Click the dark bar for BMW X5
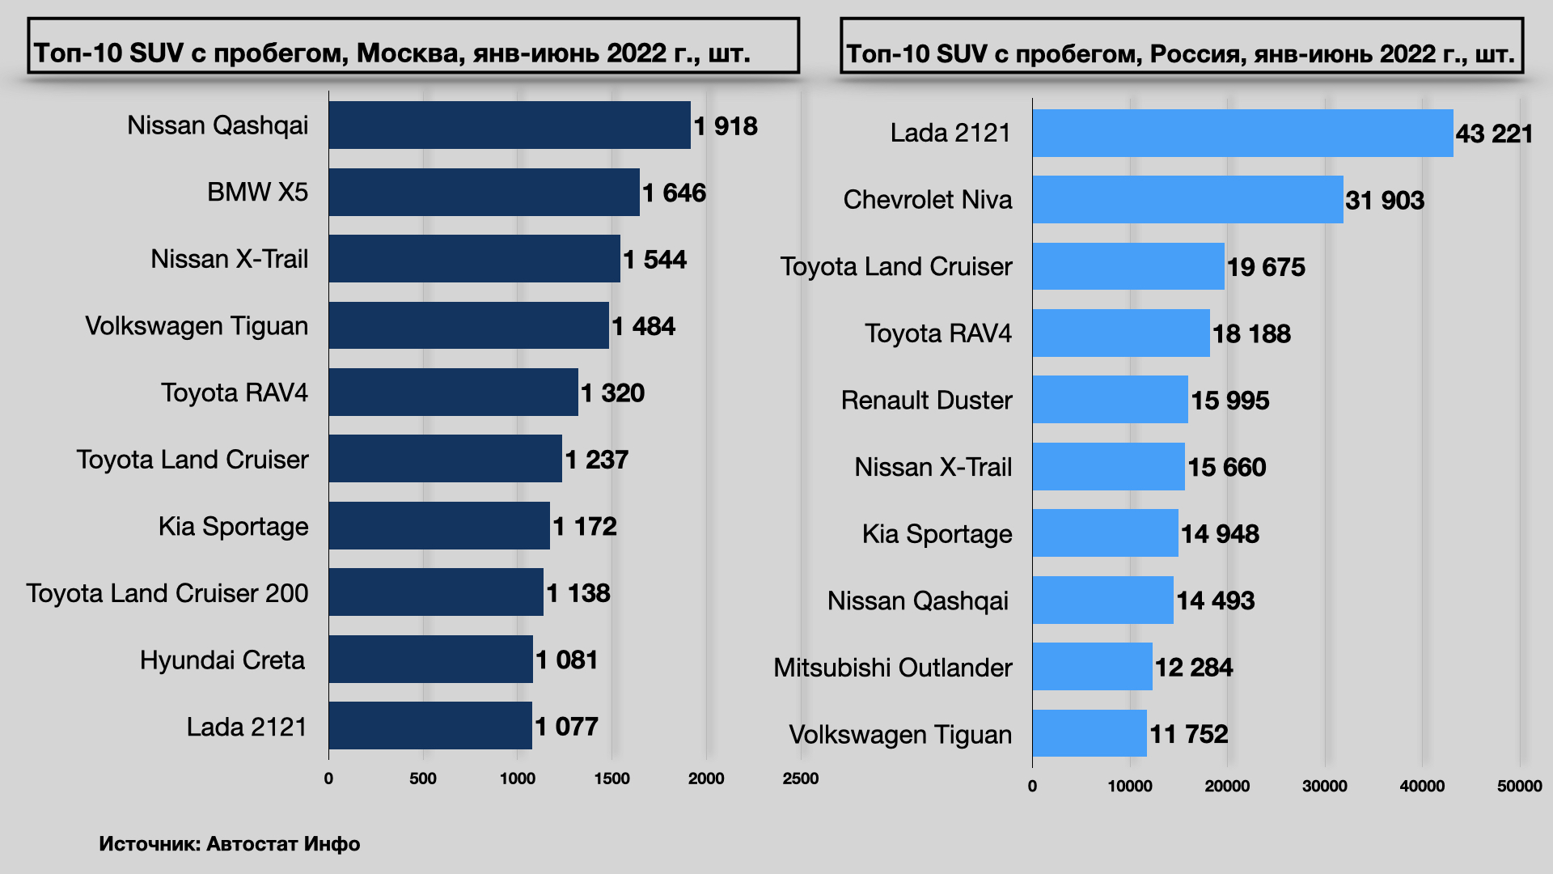(484, 193)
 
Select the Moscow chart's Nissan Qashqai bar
(510, 125)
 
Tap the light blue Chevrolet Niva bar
(1187, 200)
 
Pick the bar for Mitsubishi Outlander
(1092, 667)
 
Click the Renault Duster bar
(1110, 400)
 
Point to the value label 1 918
(726, 126)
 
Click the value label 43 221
(1494, 134)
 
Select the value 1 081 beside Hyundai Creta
(566, 660)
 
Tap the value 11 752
(1188, 734)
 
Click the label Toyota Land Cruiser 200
(167, 593)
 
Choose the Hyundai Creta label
(222, 660)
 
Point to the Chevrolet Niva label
(927, 200)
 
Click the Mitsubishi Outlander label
(892, 668)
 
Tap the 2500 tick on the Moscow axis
(800, 779)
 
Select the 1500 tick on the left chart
(611, 779)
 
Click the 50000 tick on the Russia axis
(1519, 786)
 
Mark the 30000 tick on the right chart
(1324, 786)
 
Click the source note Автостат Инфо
(283, 844)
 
